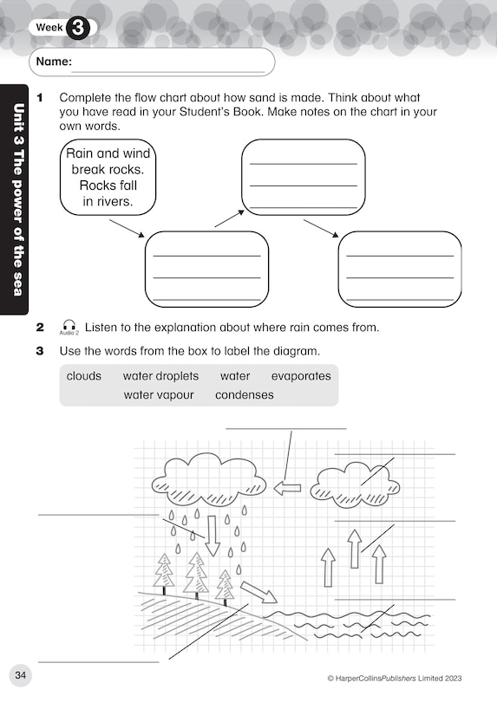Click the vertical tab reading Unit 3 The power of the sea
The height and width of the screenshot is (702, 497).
16,199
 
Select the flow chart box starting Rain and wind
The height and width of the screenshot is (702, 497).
109,178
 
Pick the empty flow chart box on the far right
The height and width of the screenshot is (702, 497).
399,269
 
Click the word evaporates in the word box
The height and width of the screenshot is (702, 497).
301,376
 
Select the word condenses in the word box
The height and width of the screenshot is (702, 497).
244,395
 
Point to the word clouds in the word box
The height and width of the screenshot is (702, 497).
84,376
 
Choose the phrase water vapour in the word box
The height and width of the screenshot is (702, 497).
158,395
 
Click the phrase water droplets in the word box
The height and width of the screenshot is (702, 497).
160,376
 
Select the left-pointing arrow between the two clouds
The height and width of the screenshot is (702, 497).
287,488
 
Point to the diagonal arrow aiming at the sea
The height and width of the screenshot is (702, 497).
258,592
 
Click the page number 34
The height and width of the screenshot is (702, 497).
20,676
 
